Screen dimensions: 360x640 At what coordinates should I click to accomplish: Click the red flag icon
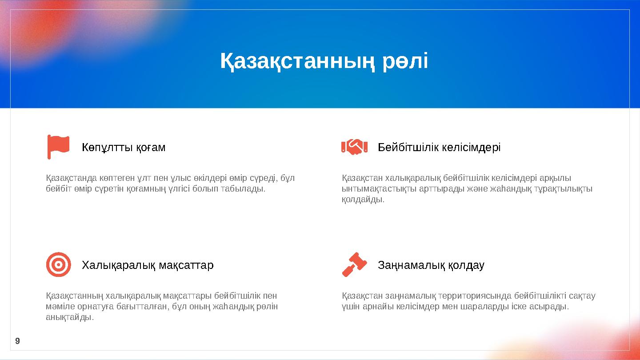[x=58, y=146]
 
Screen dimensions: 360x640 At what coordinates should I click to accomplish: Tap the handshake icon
[x=354, y=147]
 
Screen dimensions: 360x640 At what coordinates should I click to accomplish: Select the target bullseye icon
[x=58, y=264]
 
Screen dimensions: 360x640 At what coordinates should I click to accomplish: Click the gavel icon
[x=354, y=264]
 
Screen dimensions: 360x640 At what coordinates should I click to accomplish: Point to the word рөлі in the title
[x=405, y=61]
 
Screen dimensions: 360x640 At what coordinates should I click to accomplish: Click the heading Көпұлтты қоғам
[x=124, y=147]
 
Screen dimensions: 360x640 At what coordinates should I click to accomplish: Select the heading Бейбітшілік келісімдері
[x=439, y=147]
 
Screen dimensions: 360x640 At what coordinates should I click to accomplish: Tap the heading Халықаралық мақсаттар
[x=148, y=265]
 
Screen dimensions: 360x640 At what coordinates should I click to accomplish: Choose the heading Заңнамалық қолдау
[x=431, y=265]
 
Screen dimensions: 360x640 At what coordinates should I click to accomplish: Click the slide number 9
[x=17, y=341]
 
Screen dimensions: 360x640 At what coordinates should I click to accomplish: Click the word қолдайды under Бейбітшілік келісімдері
[x=363, y=200]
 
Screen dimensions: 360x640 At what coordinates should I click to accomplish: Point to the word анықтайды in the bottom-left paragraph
[x=69, y=317]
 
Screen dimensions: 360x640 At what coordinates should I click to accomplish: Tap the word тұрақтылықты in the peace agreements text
[x=564, y=189]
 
